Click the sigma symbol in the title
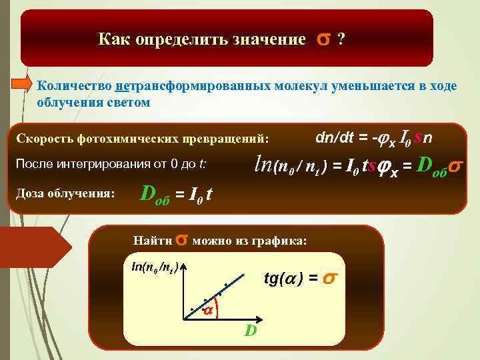[323, 39]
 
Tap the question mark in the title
[341, 40]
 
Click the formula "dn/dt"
[337, 137]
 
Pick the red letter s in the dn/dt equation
[417, 137]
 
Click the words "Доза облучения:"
[65, 193]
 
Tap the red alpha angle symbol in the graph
[207, 311]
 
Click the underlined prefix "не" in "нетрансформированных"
[121, 86]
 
